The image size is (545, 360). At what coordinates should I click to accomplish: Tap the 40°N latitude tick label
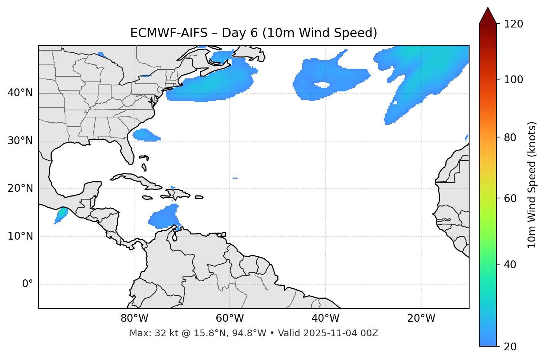(x=20, y=93)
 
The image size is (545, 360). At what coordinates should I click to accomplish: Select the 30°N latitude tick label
(x=20, y=141)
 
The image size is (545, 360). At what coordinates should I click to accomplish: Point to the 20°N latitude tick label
(x=20, y=188)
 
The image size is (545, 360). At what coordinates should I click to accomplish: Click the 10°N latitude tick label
(x=20, y=236)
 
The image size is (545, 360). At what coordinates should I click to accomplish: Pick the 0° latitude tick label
(x=28, y=284)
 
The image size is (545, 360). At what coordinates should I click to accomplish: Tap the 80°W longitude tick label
(x=134, y=318)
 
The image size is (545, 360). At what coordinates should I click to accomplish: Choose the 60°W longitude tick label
(x=230, y=318)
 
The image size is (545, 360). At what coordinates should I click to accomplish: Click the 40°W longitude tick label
(x=326, y=318)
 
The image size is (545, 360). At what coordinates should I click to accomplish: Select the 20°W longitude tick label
(x=421, y=318)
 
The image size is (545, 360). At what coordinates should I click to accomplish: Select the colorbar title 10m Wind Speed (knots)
(x=532, y=185)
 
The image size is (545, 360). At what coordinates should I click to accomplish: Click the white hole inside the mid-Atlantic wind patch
(x=322, y=85)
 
